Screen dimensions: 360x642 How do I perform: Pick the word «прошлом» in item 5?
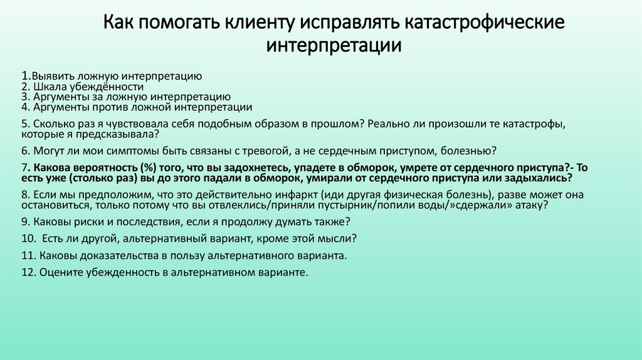337,124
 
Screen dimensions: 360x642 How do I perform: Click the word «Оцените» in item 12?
58,273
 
